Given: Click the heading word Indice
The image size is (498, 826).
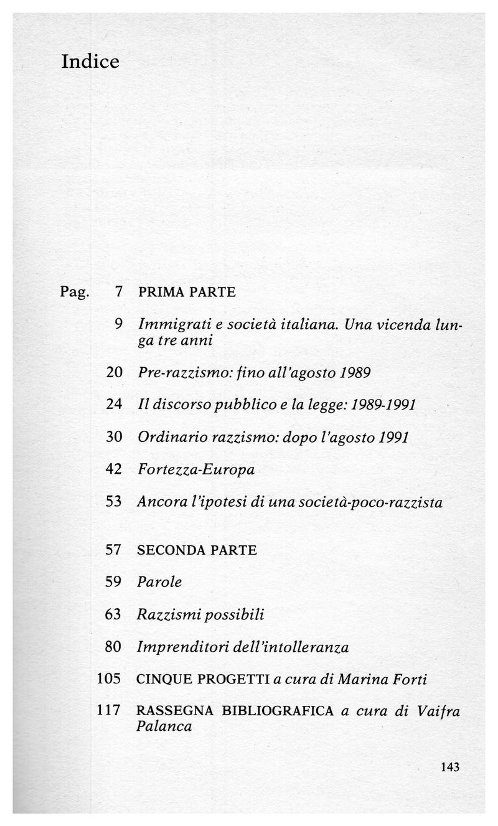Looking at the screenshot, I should pos(90,62).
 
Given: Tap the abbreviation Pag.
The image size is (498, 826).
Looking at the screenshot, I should pos(75,292).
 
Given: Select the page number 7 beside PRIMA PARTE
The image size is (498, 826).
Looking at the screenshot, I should pos(118,291).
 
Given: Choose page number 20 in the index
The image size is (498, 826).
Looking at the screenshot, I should pos(114,372).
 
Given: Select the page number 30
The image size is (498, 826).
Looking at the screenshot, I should pos(114,436).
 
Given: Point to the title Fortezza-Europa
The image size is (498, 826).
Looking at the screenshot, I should pos(196,469).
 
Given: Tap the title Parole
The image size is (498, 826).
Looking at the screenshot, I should pos(159,583).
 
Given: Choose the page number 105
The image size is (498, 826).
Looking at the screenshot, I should pos(109,679).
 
